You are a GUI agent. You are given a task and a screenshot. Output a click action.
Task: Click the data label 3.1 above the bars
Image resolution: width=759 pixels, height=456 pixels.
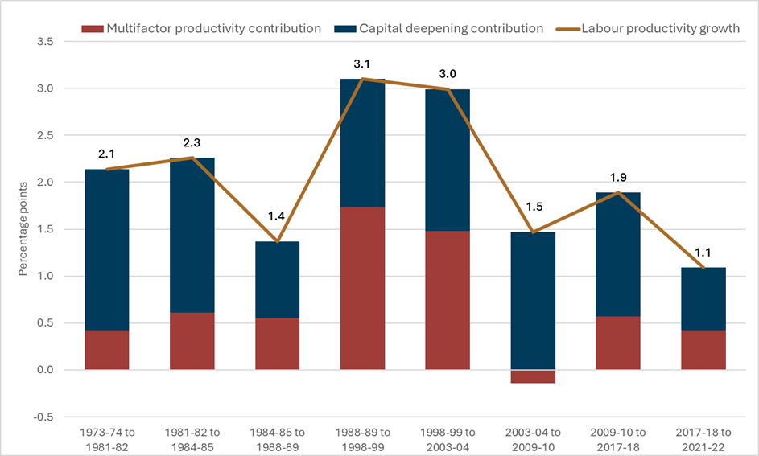click(362, 64)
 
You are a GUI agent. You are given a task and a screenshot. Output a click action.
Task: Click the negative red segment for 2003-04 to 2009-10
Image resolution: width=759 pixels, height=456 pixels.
click(533, 376)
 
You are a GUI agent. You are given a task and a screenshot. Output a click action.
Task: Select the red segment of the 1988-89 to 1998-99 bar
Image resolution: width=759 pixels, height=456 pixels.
click(362, 289)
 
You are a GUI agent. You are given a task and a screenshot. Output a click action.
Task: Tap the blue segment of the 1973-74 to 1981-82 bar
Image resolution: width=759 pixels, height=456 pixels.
click(107, 250)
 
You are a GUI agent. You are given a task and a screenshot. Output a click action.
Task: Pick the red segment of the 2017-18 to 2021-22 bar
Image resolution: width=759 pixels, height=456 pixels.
click(703, 350)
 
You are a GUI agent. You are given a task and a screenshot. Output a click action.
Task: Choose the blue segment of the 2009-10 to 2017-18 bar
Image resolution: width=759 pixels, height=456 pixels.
click(618, 254)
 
